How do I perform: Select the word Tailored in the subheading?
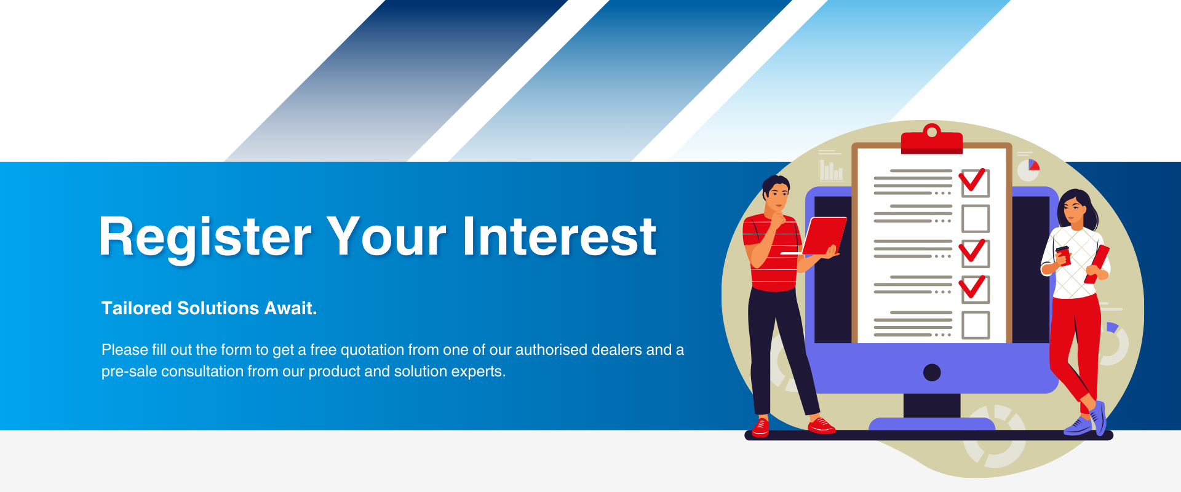tap(137, 308)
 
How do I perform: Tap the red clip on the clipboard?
tap(931, 140)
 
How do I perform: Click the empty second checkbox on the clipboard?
tap(976, 219)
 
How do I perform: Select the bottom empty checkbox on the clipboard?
tap(976, 325)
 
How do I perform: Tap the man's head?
tap(776, 194)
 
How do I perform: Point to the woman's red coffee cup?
tap(1063, 255)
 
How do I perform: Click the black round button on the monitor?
tap(932, 373)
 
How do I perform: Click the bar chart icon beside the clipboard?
tap(831, 170)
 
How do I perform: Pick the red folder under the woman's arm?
tap(1097, 264)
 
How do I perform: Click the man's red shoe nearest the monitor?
tap(821, 425)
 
